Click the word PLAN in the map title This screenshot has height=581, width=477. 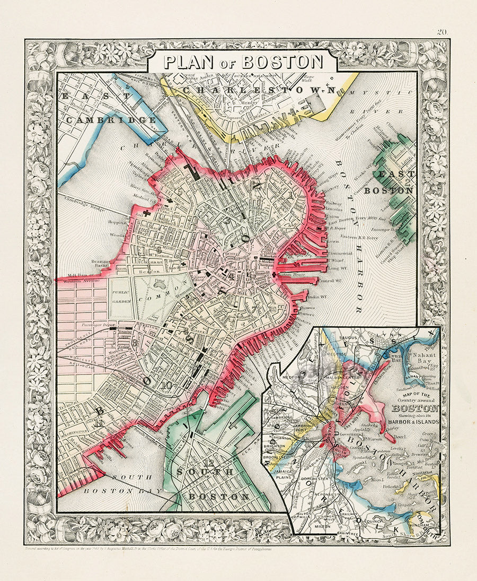(185, 62)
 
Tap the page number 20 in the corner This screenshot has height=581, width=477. (443, 32)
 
